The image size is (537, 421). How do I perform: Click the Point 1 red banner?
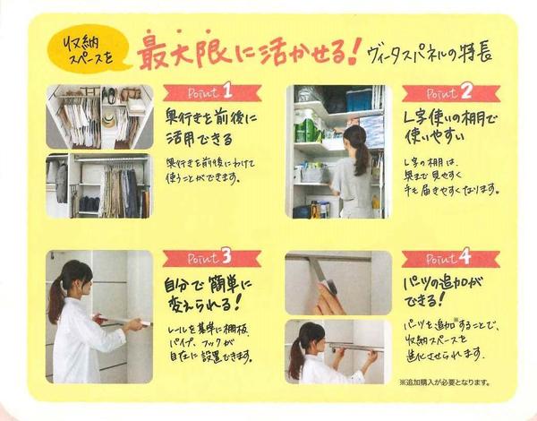pos(212,93)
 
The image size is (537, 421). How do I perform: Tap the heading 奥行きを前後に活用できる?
pos(208,129)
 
